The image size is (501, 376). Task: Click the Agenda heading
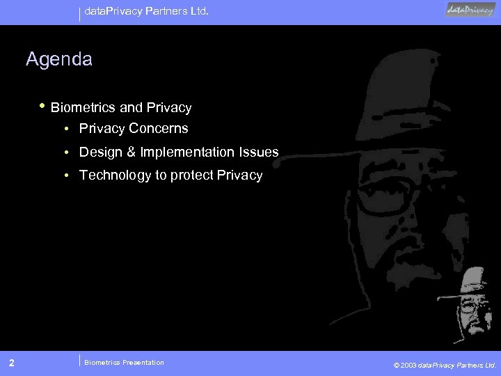point(58,60)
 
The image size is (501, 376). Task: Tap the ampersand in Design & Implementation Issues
point(125,152)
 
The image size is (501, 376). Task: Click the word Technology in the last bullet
point(115,175)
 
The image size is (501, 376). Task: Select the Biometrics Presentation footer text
point(124,362)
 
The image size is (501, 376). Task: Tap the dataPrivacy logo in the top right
point(470,10)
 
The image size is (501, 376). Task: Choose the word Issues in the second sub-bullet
point(259,152)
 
